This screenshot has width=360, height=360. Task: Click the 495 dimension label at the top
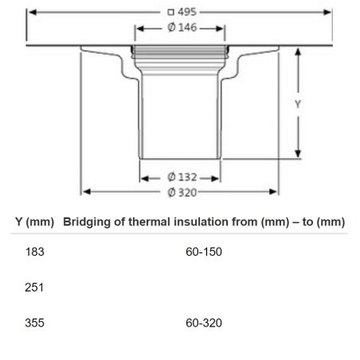[x=186, y=13]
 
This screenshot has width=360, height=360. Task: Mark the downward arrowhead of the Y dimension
[x=298, y=158]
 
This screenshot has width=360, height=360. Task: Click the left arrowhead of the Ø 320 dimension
[x=84, y=191]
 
